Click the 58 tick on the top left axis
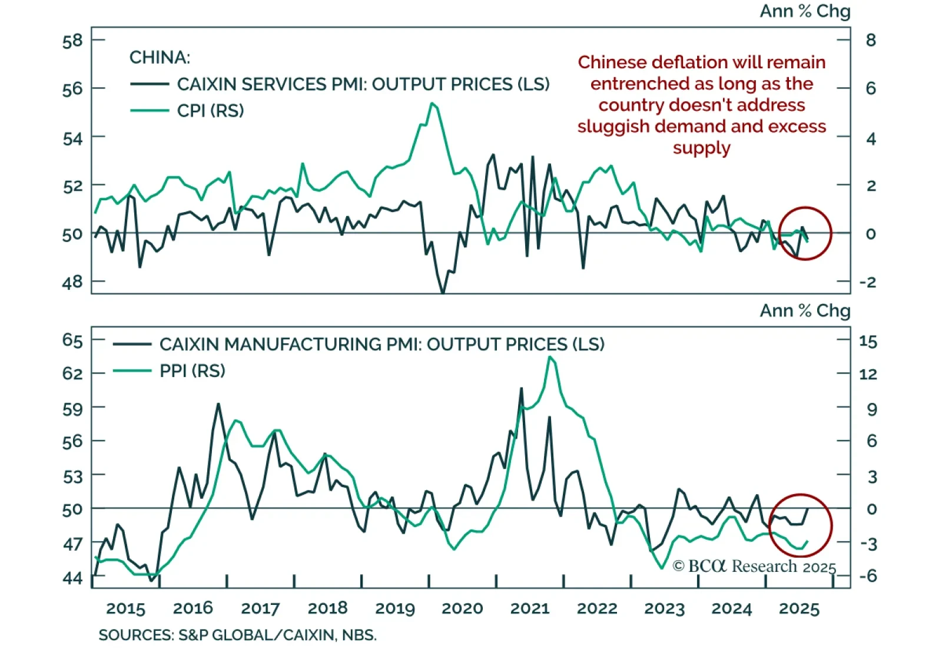pyautogui.click(x=72, y=41)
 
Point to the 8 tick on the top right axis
pyautogui.click(x=871, y=41)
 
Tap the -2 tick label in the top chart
pyautogui.click(x=868, y=282)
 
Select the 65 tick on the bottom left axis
pyautogui.click(x=72, y=340)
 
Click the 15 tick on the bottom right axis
pyautogui.click(x=868, y=342)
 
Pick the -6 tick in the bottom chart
pyautogui.click(x=868, y=575)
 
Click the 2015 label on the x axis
pyautogui.click(x=125, y=609)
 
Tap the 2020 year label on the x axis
pyautogui.click(x=462, y=609)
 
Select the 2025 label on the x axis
pyautogui.click(x=799, y=609)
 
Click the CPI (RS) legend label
pyautogui.click(x=210, y=111)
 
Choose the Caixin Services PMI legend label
pyautogui.click(x=363, y=84)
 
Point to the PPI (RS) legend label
pyautogui.click(x=193, y=371)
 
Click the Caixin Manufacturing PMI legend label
pyautogui.click(x=382, y=345)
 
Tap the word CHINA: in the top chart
pyautogui.click(x=160, y=58)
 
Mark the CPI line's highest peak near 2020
pyautogui.click(x=433, y=104)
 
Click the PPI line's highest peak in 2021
pyautogui.click(x=550, y=357)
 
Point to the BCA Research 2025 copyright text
pyautogui.click(x=754, y=567)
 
